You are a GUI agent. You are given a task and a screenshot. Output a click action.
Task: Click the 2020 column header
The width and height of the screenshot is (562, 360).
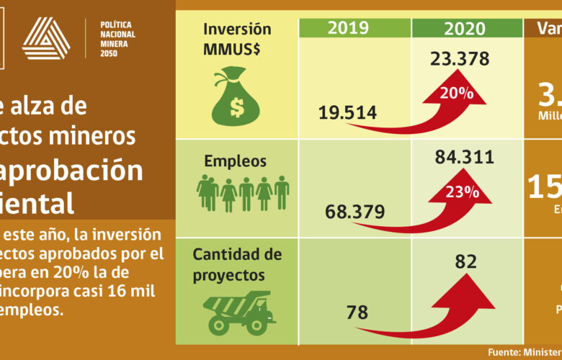click(465, 29)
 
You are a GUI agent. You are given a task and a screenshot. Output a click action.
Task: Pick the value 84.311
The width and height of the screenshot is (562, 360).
click(465, 156)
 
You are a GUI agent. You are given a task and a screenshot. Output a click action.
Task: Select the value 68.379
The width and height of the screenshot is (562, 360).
click(354, 212)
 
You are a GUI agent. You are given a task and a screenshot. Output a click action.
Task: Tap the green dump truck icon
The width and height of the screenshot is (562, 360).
click(238, 312)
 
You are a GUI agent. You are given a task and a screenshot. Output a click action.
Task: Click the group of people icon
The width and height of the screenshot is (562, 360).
click(243, 194)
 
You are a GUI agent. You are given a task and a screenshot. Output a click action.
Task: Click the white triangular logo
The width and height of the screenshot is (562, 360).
click(46, 38)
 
